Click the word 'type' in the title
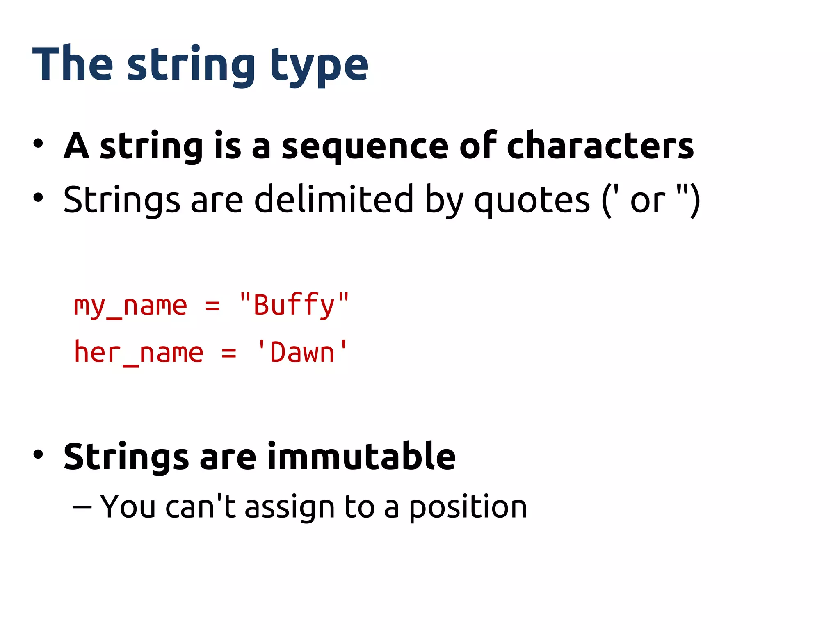pos(319,66)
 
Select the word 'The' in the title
pos(73,64)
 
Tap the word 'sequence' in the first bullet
pos(365,147)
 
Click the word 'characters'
pos(600,146)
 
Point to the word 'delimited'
pos(334,199)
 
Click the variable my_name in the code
pos(130,306)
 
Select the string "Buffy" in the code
pos(294,305)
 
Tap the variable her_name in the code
pos(139,353)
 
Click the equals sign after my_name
pos(212,306)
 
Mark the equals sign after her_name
pos(229,353)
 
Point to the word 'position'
pos(468,508)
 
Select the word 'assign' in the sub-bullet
pos(290,508)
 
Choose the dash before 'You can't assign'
pos(82,507)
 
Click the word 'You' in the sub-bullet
pos(128,507)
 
